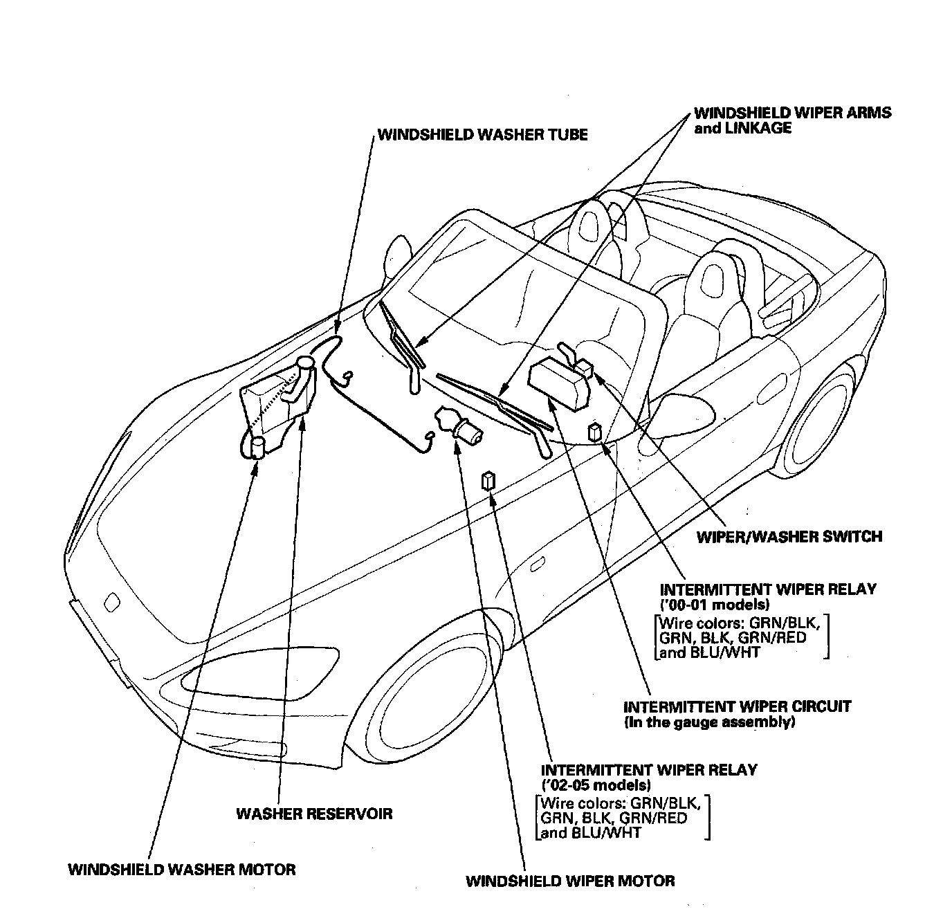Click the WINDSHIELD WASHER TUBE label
point(482,134)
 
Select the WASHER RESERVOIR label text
point(314,813)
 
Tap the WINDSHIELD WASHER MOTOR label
point(182,870)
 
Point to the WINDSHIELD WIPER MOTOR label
point(570,881)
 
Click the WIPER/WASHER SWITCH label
point(789,536)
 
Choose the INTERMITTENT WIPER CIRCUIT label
point(737,707)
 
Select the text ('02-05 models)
point(596,785)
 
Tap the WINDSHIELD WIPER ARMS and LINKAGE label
point(792,120)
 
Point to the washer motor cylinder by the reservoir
point(258,448)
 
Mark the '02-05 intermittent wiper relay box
point(489,479)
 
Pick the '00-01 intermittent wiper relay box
point(594,432)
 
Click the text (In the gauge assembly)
point(709,722)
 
